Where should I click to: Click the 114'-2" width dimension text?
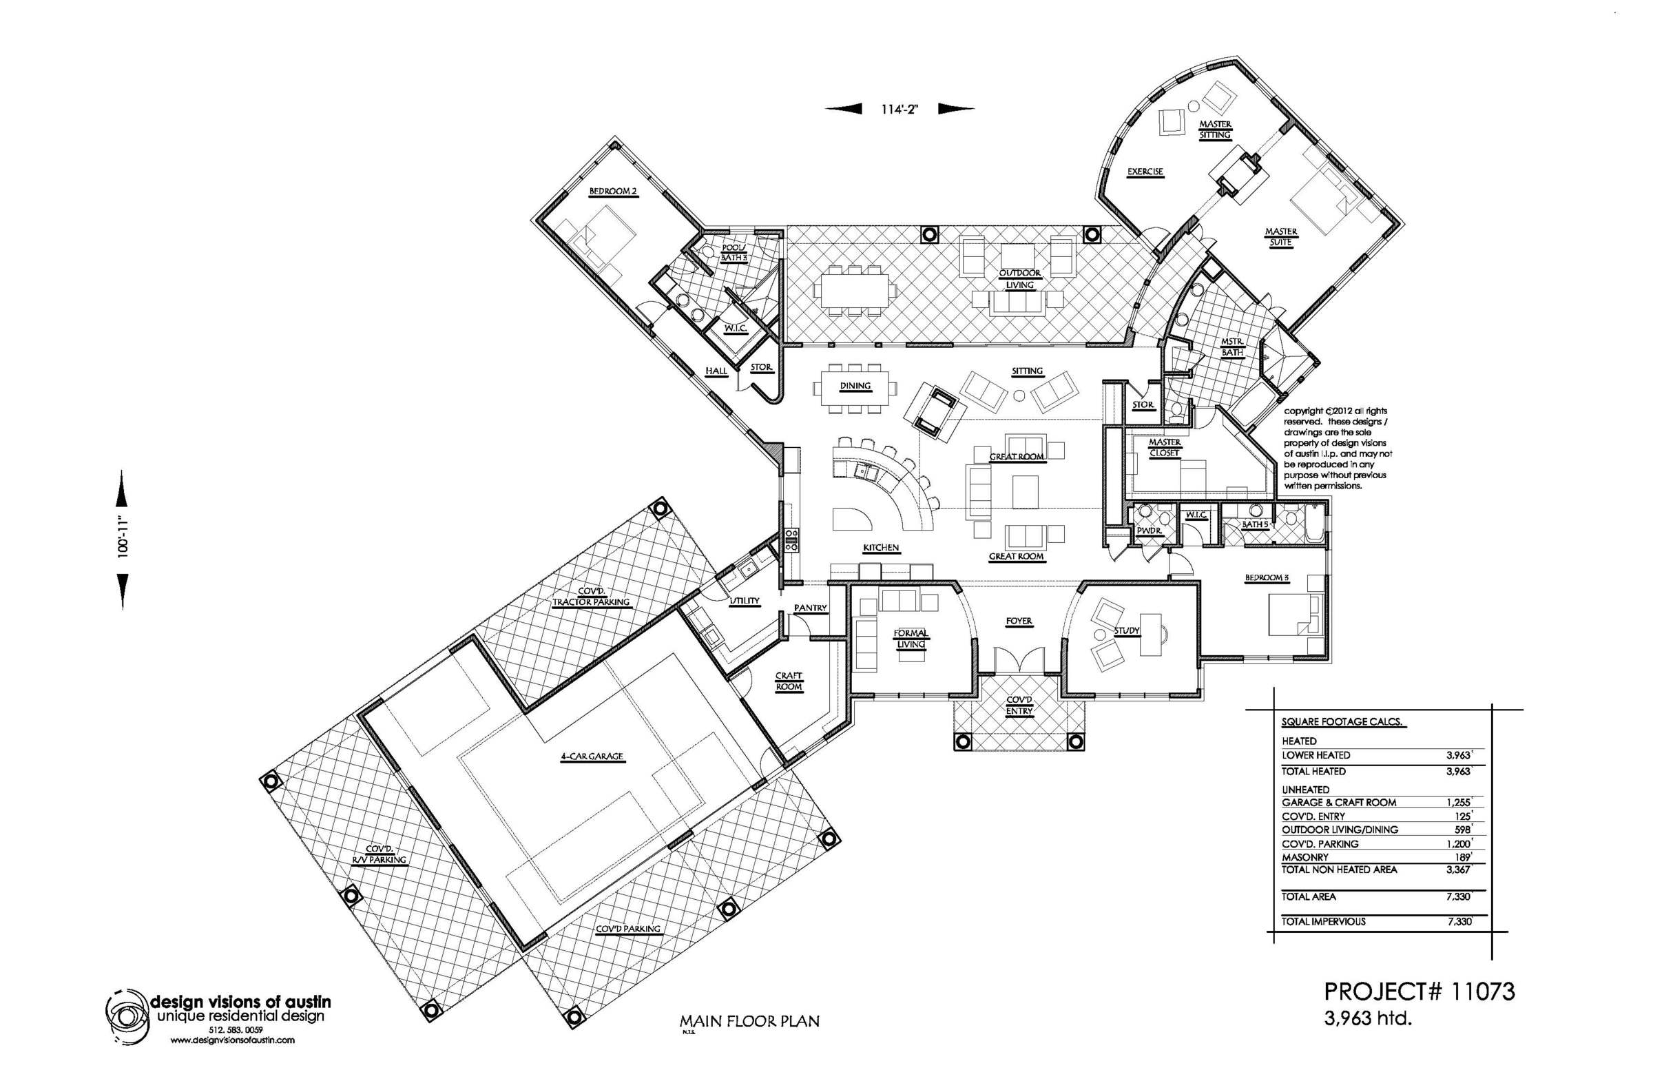[x=900, y=109]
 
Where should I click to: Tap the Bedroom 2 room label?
[x=613, y=192]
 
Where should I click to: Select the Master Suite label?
[x=1280, y=237]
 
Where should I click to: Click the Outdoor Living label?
[x=1019, y=279]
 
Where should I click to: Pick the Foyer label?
[x=1019, y=621]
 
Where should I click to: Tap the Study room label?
[x=1127, y=631]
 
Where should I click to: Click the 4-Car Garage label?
[x=592, y=757]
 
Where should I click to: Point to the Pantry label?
[x=811, y=608]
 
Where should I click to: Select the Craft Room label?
[x=789, y=681]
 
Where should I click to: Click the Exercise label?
[x=1145, y=172]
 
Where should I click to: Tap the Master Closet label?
[x=1165, y=447]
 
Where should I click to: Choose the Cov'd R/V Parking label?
[x=380, y=854]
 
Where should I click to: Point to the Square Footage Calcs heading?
[x=1342, y=722]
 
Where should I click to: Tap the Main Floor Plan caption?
[x=749, y=1021]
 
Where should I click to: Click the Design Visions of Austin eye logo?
[x=127, y=1016]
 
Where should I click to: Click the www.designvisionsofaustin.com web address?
[x=232, y=1040]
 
